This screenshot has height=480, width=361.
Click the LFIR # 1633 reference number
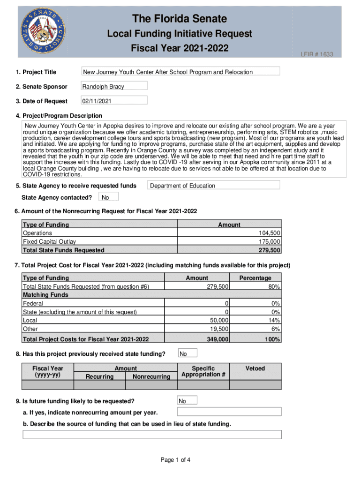[317, 54]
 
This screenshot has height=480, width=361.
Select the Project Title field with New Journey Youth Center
[180, 72]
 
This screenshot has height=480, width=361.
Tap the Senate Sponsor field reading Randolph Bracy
[113, 86]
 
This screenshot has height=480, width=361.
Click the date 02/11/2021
[113, 101]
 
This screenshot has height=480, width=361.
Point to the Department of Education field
[213, 186]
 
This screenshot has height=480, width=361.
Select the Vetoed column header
[255, 368]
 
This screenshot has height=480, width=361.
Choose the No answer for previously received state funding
[187, 353]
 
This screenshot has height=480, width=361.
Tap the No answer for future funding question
[187, 401]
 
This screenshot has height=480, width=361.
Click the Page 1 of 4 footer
[175, 460]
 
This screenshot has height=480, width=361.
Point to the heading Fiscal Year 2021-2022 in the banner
[180, 48]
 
